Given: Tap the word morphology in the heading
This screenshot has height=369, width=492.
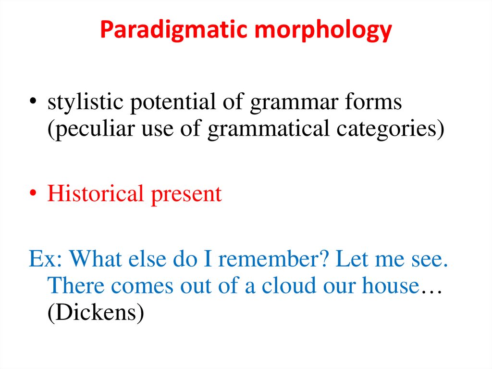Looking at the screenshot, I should click(324, 30).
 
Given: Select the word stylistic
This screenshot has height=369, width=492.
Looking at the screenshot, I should click(85, 102).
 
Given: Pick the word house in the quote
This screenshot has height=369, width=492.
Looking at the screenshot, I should click(388, 286).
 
